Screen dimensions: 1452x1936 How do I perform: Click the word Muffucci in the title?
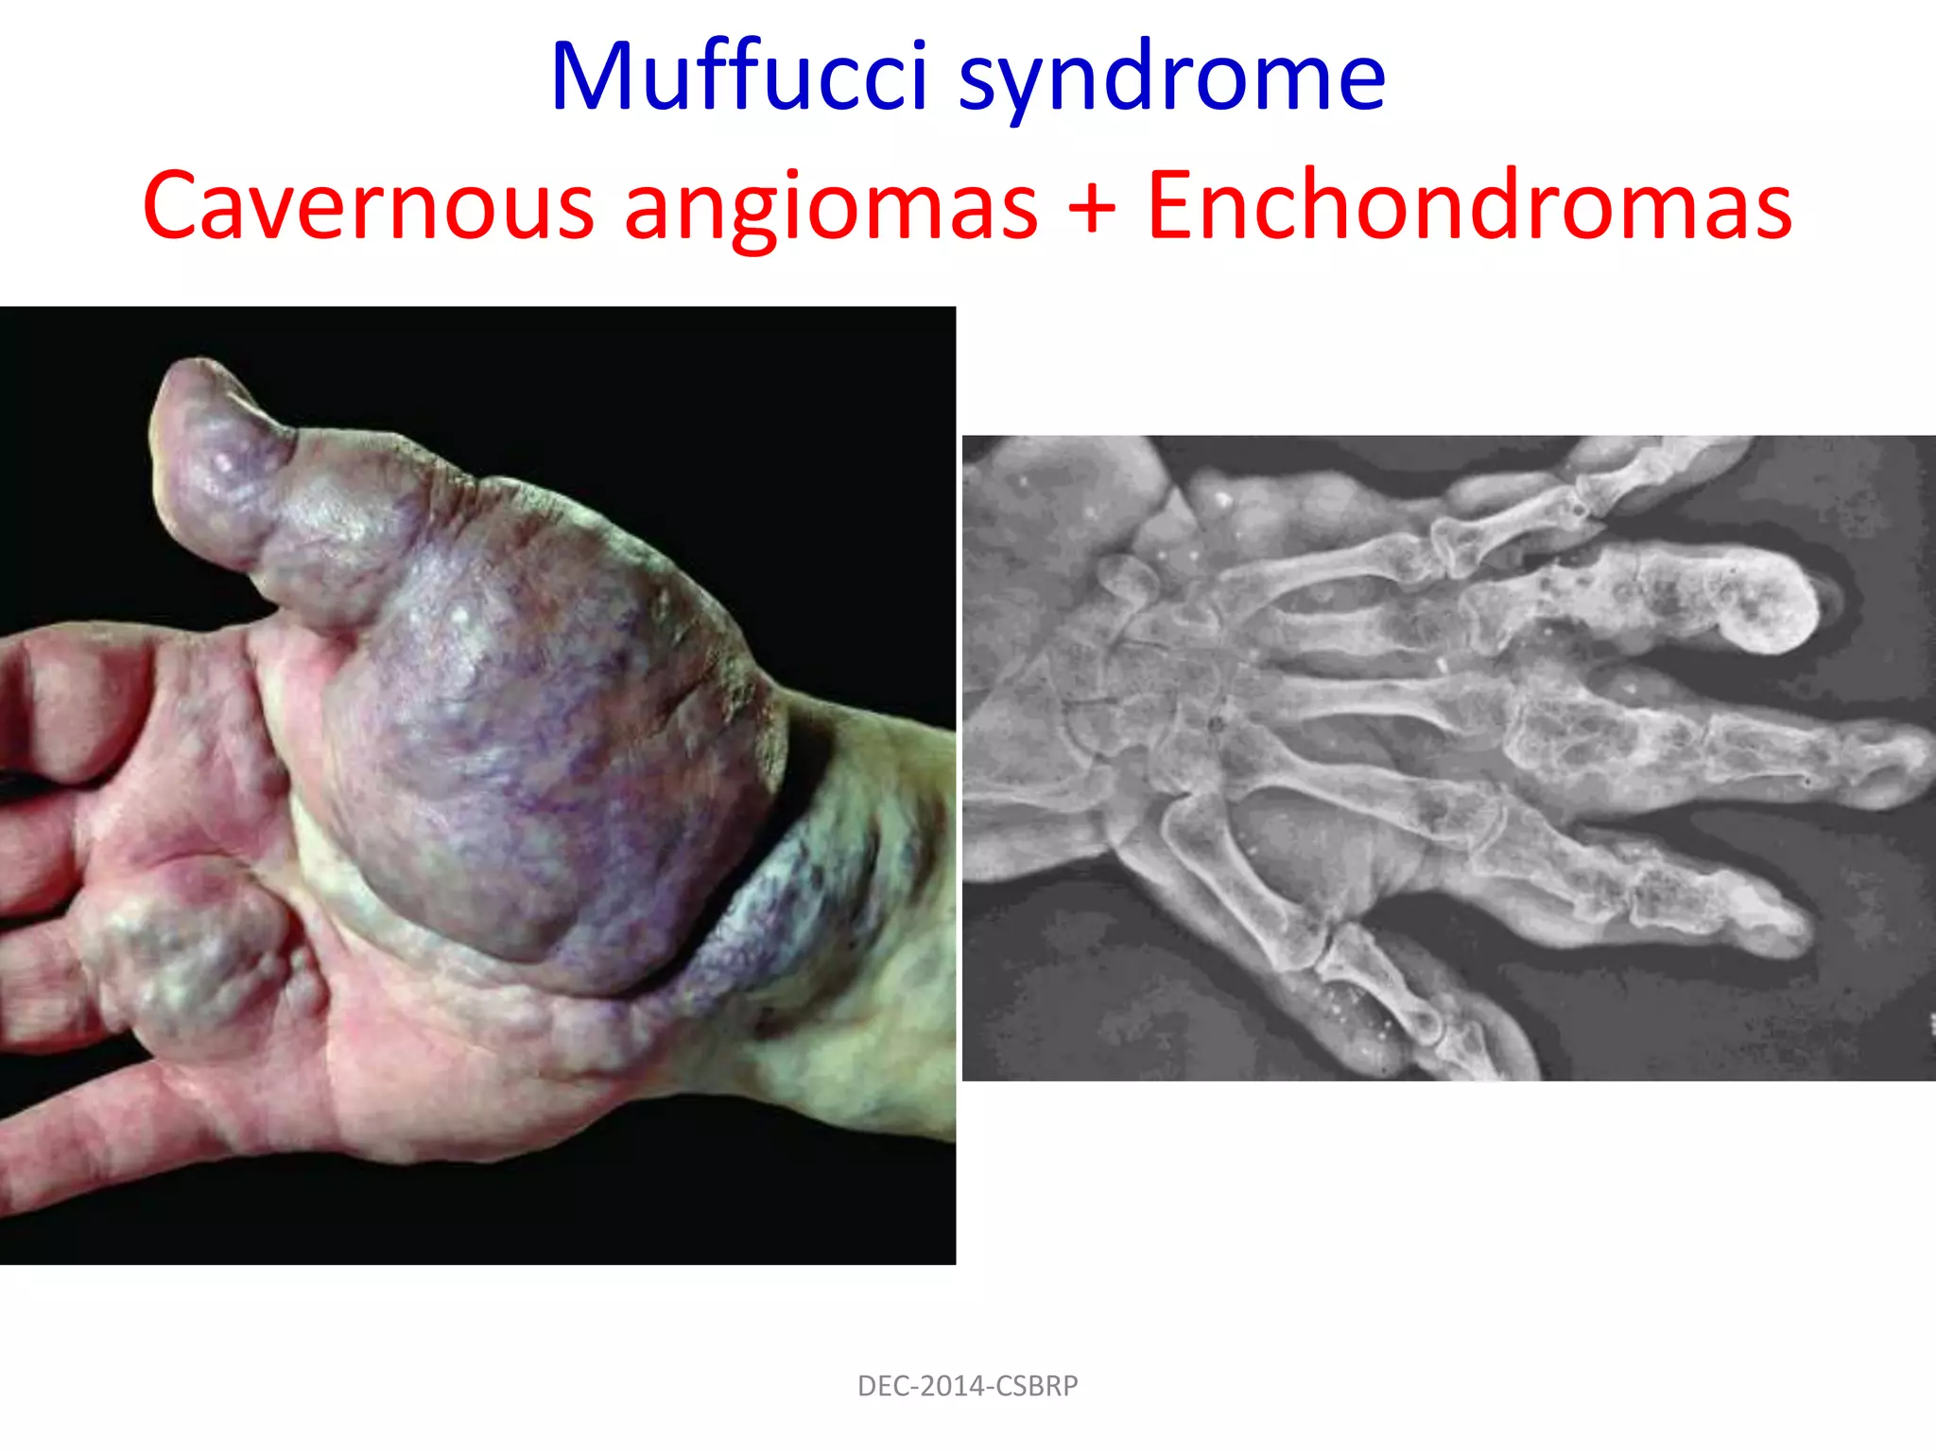(x=739, y=78)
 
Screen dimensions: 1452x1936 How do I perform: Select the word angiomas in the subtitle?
(x=830, y=206)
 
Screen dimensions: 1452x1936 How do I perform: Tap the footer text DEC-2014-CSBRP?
(x=967, y=1386)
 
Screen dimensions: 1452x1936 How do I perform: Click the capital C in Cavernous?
(x=177, y=206)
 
